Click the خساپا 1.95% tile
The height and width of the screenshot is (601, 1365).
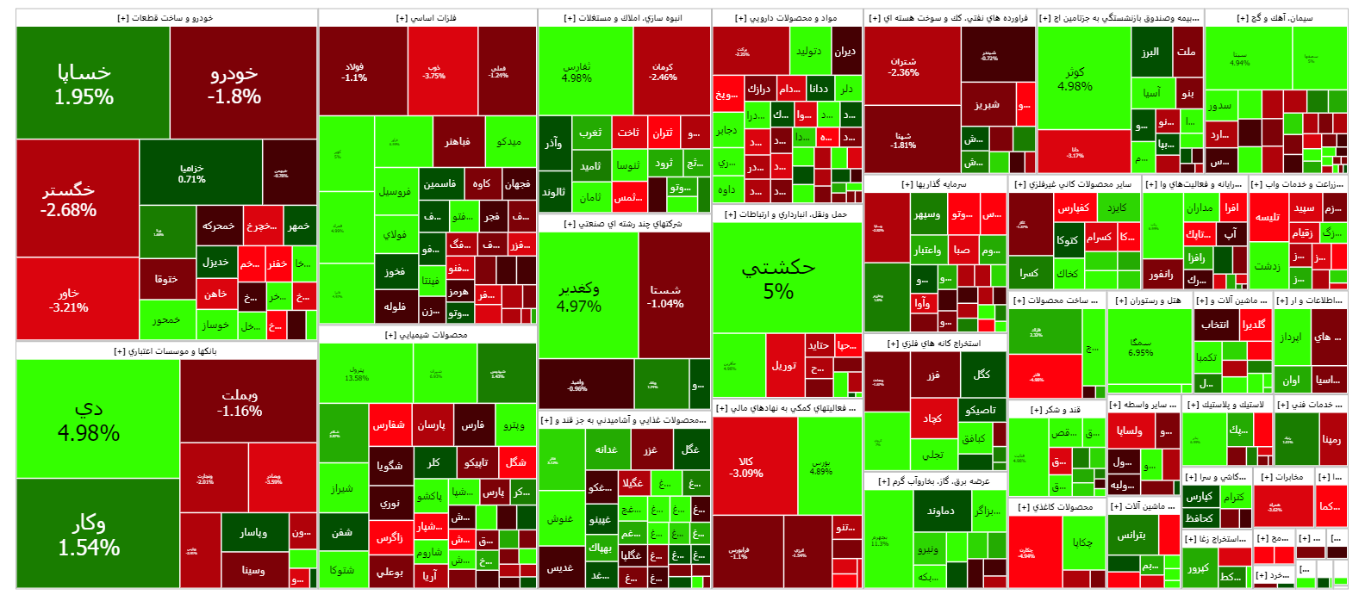coord(84,84)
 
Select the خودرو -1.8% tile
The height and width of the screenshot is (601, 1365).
coord(234,84)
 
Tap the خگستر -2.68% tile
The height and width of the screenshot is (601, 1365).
coord(69,199)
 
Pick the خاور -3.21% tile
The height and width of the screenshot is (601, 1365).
coord(69,300)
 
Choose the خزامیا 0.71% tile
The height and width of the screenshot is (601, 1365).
coord(192,173)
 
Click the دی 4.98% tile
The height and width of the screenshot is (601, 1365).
coord(89,419)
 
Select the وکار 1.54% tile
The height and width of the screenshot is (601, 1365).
coord(89,535)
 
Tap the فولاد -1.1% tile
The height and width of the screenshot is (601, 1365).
coord(354,71)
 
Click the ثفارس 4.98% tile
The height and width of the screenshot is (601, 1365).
coord(577,71)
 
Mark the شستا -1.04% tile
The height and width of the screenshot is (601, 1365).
coord(666,296)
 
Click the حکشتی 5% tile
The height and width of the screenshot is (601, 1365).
coord(778,278)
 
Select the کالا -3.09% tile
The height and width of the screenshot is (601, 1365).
coord(746,467)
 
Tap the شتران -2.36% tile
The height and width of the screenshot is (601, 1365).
coord(903,66)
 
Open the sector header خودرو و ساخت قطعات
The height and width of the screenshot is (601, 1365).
coord(165,18)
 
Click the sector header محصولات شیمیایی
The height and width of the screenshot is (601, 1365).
coord(427,335)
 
